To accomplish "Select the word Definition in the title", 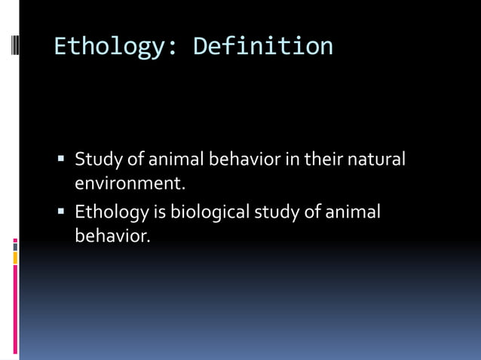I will pyautogui.click(x=263, y=47).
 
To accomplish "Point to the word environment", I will pyautogui.click(x=130, y=182).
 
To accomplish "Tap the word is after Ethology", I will pyautogui.click(x=159, y=213).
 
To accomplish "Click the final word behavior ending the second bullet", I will pyautogui.click(x=112, y=236).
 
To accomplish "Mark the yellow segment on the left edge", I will pyautogui.click(x=16, y=258).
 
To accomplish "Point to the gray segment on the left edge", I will pyautogui.click(x=16, y=246).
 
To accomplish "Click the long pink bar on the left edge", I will pyautogui.click(x=16, y=310).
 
